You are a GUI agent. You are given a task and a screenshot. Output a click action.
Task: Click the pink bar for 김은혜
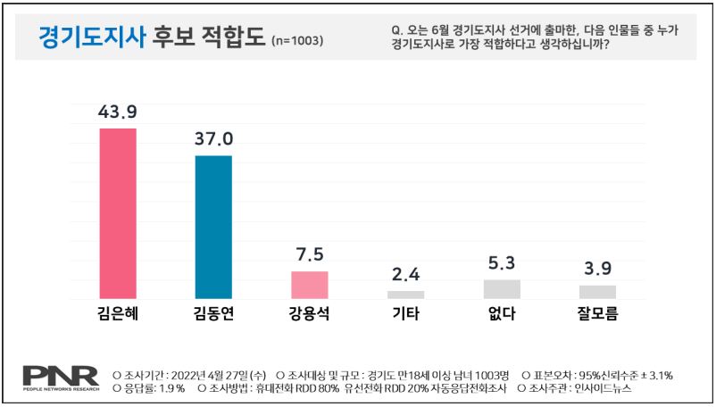click(118, 213)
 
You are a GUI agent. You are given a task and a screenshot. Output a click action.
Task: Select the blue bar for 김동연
click(214, 227)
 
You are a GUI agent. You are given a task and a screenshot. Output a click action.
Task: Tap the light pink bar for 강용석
click(310, 285)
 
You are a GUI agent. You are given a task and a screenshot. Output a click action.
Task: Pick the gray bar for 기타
click(406, 295)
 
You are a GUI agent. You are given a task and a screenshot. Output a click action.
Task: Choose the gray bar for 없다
click(502, 289)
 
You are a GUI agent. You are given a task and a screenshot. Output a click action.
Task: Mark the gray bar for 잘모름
click(597, 292)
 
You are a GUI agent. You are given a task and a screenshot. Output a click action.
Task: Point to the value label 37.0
click(214, 139)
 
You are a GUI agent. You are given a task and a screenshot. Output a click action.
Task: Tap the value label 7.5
click(310, 254)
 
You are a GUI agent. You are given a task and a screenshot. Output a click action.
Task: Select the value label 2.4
click(406, 274)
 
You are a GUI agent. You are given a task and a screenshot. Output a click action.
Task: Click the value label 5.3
click(502, 263)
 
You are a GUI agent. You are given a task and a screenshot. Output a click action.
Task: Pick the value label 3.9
click(597, 269)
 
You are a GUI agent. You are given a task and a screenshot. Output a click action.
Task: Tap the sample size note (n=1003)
click(296, 41)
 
